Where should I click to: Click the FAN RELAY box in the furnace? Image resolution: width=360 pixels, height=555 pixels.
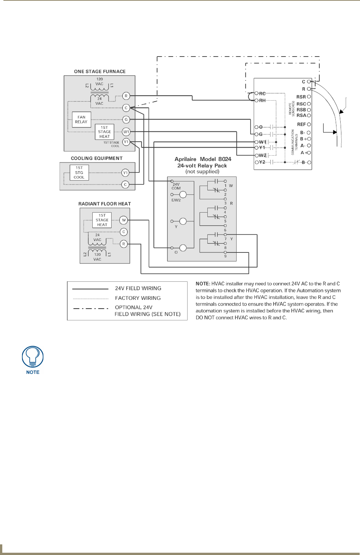click(81, 120)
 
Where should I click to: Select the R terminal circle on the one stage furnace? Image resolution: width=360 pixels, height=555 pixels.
click(126, 96)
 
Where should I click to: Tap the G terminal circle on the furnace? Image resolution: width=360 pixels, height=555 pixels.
click(126, 120)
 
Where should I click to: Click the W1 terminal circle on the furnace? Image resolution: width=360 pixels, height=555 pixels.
click(126, 132)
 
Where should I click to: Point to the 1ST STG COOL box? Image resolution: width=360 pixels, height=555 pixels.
click(79, 172)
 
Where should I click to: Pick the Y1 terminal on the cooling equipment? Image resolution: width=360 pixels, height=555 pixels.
click(125, 173)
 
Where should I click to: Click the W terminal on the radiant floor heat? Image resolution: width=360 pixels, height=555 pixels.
click(123, 220)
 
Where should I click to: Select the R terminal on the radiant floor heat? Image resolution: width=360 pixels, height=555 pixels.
click(123, 244)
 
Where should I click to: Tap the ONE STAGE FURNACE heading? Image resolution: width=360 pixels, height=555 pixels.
click(100, 71)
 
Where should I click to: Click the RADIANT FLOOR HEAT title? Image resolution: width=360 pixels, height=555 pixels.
click(104, 204)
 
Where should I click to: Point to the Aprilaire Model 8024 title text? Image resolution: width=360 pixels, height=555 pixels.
click(203, 159)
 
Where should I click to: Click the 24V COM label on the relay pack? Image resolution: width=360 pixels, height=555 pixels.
click(176, 186)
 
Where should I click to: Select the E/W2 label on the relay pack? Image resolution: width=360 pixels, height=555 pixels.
click(176, 200)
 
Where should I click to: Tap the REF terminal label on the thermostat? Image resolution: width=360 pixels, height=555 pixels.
click(301, 125)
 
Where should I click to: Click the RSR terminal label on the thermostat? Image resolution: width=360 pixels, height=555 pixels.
click(301, 97)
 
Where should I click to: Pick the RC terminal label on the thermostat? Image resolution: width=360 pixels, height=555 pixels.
click(262, 93)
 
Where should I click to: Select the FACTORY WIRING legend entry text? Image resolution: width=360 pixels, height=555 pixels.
click(138, 298)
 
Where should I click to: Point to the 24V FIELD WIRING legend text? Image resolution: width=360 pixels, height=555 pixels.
click(138, 289)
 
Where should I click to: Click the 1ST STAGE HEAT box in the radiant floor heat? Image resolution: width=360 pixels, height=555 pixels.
click(102, 220)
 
